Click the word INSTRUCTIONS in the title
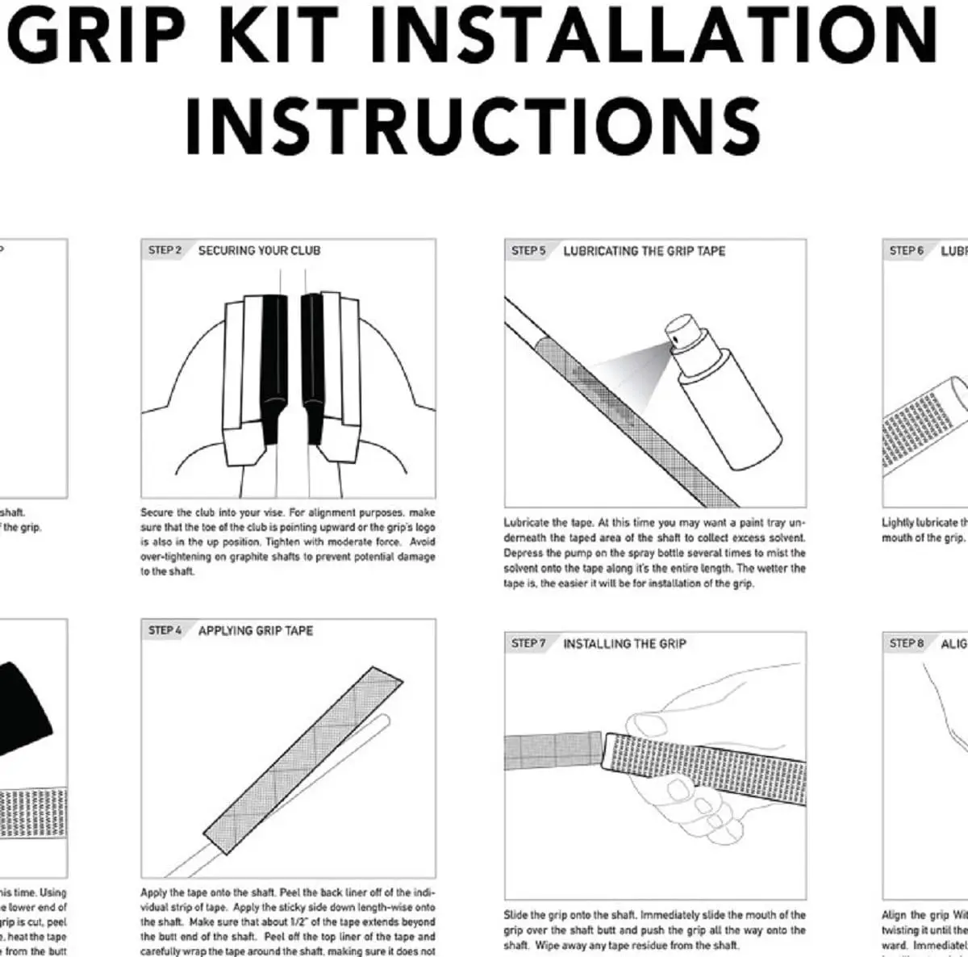[x=474, y=126]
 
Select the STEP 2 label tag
[x=165, y=250]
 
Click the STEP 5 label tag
[x=528, y=251]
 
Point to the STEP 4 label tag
[x=165, y=630]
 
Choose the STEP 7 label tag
[x=528, y=643]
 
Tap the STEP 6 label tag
[x=906, y=251]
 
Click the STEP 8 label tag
[x=906, y=643]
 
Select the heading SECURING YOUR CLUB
[x=259, y=251]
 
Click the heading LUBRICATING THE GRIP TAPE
[x=644, y=251]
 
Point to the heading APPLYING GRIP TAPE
[x=256, y=630]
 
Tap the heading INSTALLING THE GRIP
[x=624, y=643]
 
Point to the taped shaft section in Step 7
[x=553, y=751]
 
